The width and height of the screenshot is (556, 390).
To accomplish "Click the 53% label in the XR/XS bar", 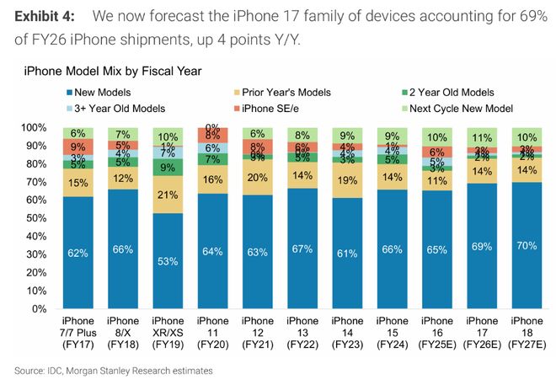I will pyautogui.click(x=168, y=261).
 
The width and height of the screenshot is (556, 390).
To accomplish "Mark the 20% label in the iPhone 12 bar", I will pyautogui.click(x=258, y=177).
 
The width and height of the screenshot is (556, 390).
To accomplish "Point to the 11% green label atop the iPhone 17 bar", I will pyautogui.click(x=483, y=137).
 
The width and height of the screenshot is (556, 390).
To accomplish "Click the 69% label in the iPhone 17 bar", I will pyautogui.click(x=483, y=247).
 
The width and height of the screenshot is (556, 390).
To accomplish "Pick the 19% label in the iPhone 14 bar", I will pyautogui.click(x=348, y=180).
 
